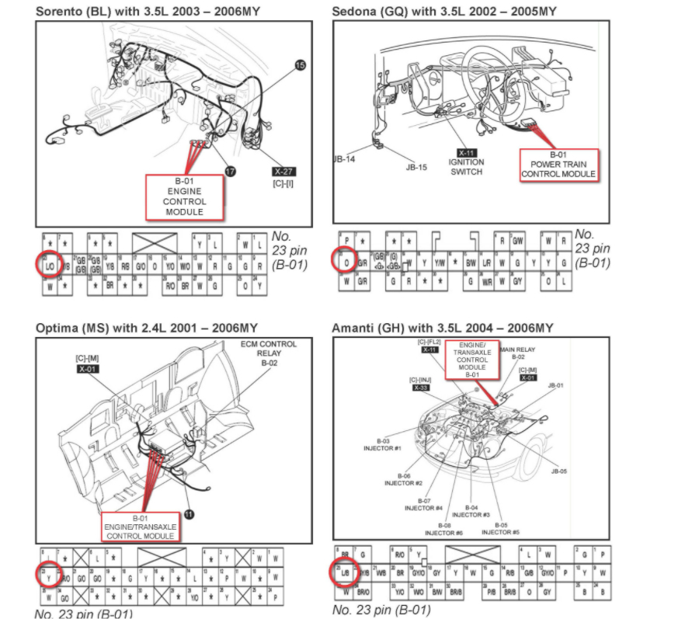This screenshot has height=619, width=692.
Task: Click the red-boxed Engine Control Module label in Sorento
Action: click(x=185, y=196)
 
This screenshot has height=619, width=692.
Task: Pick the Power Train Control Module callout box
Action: click(x=558, y=164)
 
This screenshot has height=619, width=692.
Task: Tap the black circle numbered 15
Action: click(x=301, y=66)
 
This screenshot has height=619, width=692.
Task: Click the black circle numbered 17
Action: click(x=231, y=170)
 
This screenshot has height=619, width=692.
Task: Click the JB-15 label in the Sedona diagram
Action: click(x=416, y=166)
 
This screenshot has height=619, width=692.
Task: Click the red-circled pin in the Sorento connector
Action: click(x=48, y=264)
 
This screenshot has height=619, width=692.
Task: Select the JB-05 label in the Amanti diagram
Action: click(x=558, y=471)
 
